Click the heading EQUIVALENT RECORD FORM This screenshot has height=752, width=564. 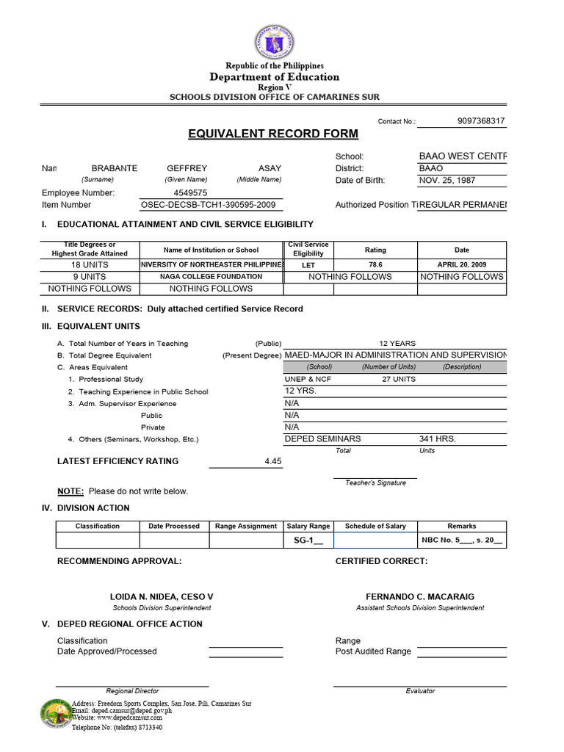coord(273,134)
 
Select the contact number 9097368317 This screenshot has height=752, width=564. coord(480,121)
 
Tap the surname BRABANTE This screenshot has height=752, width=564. coord(114,168)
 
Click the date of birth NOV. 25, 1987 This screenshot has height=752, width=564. coord(448,181)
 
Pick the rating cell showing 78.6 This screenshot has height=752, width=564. coord(375,264)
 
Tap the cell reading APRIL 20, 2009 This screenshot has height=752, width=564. coord(461,264)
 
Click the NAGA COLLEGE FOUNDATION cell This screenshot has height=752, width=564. coord(211,277)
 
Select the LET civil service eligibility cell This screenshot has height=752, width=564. coord(308,264)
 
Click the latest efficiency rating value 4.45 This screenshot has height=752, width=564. coord(272,461)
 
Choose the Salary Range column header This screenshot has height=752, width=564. coord(308,526)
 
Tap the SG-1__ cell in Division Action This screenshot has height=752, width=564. coord(308,540)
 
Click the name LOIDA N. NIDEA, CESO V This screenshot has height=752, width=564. coord(162,597)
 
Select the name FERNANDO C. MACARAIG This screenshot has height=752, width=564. coord(420,597)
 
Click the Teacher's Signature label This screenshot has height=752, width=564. coord(375,482)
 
